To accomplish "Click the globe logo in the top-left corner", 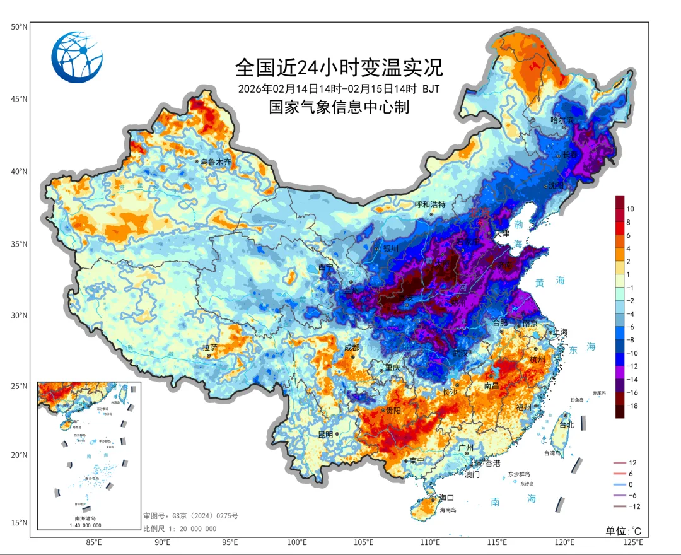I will pyautogui.click(x=77, y=57).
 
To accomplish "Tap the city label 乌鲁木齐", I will pyautogui.click(x=216, y=162).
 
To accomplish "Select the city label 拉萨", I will pyautogui.click(x=210, y=348).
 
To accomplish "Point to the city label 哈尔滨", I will pyautogui.click(x=562, y=120).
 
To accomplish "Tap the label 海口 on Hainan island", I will pyautogui.click(x=446, y=498).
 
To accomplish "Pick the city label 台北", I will pyautogui.click(x=567, y=424).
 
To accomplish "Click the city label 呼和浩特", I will pyautogui.click(x=430, y=204).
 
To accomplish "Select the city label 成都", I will pyautogui.click(x=352, y=348).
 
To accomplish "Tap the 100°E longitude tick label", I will pyautogui.click(x=297, y=542).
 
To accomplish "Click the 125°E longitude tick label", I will pyautogui.click(x=632, y=542).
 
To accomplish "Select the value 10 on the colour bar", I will pyautogui.click(x=631, y=208).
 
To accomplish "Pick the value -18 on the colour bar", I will pyautogui.click(x=632, y=406).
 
